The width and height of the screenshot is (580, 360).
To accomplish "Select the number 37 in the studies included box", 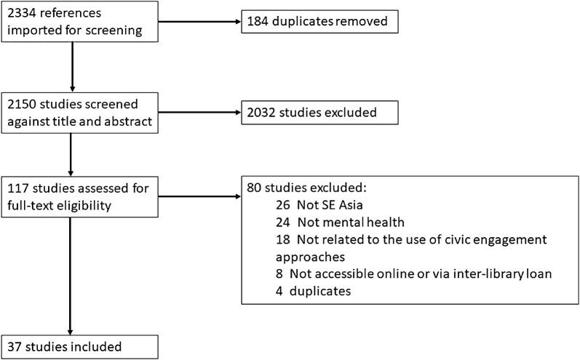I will (x=15, y=345).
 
